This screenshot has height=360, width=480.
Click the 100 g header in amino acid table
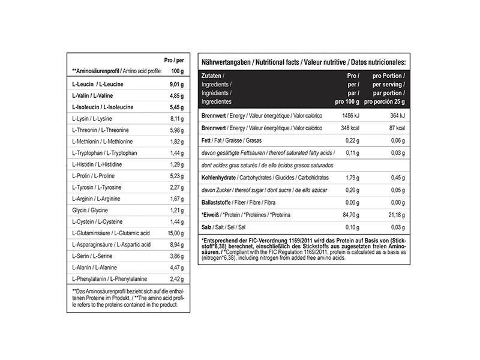click(176, 71)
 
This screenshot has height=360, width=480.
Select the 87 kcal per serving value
click(396, 128)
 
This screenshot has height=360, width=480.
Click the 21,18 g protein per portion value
click(395, 215)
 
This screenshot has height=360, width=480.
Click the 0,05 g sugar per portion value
click(397, 190)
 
